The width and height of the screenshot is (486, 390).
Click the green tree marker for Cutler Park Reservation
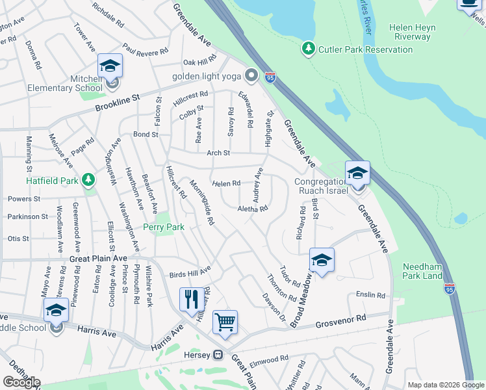pos(309,49)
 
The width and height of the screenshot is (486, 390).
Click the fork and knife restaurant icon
pos(191,299)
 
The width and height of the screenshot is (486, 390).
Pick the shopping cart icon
pos(225,321)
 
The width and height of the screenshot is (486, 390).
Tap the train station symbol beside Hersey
pos(219,355)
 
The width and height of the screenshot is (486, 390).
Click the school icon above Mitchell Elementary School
pos(110,65)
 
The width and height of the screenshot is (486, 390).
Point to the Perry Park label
pos(164,227)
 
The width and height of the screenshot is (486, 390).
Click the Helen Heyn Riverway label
pos(418,32)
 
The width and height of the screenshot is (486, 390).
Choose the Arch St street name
pos(218,153)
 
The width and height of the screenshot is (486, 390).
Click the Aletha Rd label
pos(253,209)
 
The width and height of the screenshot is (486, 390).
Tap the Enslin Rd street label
pos(370,294)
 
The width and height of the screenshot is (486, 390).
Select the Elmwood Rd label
pos(268,359)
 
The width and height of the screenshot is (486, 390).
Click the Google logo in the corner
pos(21,382)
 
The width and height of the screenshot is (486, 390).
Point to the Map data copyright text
pos(445,385)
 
